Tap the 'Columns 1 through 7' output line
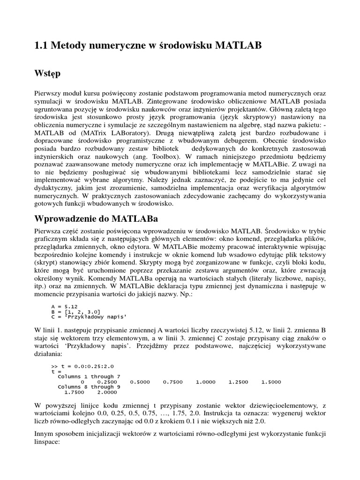point(89,376)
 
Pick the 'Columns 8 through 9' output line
point(89,387)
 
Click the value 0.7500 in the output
point(172,382)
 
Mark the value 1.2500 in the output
point(238,382)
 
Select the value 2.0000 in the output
point(107,392)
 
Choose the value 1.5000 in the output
point(271,382)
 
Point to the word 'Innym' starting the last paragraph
point(44,434)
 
